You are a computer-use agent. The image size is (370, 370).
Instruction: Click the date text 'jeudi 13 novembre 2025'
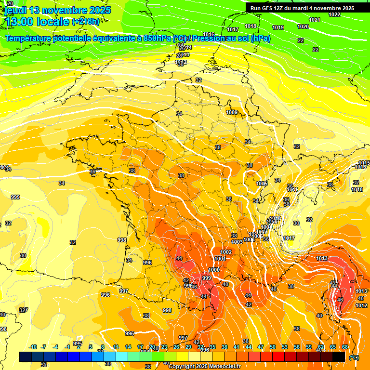(58, 10)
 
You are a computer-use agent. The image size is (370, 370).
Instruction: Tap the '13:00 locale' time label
(37, 21)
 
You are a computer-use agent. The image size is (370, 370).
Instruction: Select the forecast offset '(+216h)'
(86, 21)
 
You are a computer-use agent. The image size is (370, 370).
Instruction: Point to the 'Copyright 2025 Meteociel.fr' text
(204, 366)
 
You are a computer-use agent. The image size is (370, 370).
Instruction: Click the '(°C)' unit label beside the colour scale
(354, 357)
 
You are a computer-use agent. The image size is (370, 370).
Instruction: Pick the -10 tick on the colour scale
(33, 347)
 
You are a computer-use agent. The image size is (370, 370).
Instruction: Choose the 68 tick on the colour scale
(345, 347)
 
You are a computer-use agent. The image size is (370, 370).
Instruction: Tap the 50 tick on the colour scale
(272, 347)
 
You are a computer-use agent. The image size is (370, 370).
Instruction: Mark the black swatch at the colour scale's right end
(339, 357)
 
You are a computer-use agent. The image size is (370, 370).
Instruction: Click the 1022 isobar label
(334, 14)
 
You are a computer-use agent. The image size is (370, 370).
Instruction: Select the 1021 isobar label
(315, 20)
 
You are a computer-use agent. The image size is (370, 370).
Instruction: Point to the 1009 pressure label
(232, 112)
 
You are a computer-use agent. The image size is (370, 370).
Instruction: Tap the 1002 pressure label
(226, 252)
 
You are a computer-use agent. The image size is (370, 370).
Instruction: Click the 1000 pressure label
(214, 270)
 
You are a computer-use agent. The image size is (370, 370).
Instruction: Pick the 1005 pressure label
(262, 184)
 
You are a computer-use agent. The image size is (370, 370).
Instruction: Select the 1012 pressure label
(361, 305)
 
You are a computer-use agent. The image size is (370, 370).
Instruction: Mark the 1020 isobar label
(303, 26)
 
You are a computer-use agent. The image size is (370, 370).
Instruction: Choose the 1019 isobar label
(278, 27)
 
